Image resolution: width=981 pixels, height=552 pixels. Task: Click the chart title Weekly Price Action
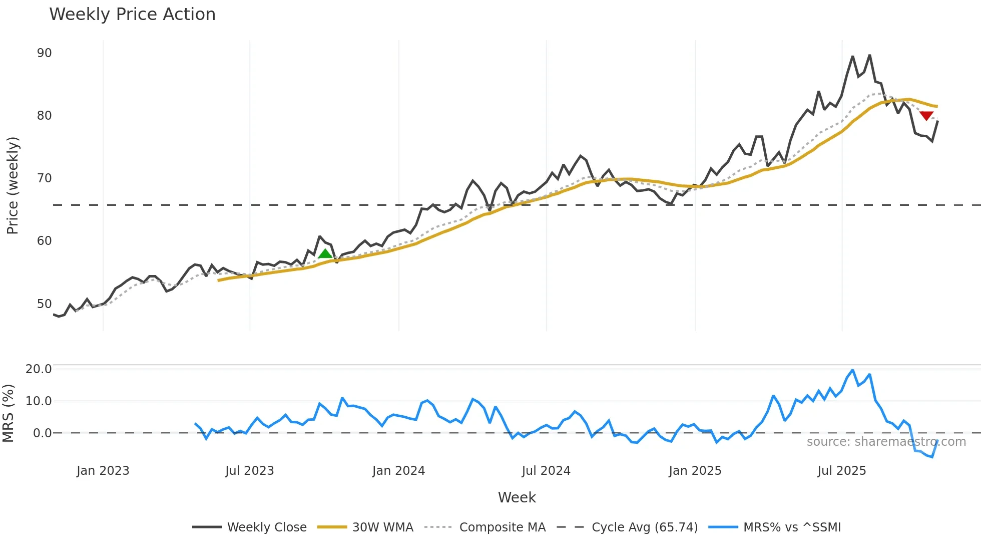[132, 15]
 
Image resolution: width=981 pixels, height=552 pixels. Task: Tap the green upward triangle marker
[325, 254]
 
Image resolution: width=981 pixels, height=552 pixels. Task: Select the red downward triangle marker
[926, 116]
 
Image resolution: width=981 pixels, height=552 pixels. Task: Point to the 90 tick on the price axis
[44, 53]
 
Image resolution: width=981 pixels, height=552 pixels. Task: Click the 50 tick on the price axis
[44, 304]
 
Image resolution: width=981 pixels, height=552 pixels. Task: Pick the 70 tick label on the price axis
[44, 178]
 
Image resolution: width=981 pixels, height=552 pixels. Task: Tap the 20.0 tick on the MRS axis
[39, 369]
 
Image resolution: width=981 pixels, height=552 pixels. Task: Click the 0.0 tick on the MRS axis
[42, 433]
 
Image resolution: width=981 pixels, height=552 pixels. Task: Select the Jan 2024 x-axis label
[398, 471]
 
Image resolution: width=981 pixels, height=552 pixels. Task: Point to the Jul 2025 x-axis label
[841, 471]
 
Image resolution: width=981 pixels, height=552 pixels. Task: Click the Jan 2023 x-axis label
[103, 471]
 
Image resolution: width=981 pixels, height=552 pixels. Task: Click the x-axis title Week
[517, 497]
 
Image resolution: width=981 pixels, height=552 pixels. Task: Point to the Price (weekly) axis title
[13, 185]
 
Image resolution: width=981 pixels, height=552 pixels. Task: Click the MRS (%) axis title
[9, 413]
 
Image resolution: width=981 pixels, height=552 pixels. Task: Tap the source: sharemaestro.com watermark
[886, 442]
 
